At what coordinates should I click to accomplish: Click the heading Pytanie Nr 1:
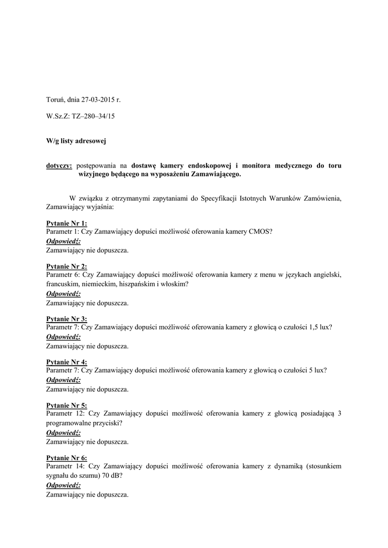click(66, 223)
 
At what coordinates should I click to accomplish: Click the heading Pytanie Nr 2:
click(66, 267)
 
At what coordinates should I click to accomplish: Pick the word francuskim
click(63, 284)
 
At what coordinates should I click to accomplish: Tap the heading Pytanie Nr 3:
click(66, 319)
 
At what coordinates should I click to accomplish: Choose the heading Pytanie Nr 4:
click(66, 362)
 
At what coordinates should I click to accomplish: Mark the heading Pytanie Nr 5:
click(66, 406)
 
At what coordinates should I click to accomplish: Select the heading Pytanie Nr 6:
click(66, 458)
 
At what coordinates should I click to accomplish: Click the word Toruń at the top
click(56, 100)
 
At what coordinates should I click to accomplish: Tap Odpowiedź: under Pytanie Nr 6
click(63, 485)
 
